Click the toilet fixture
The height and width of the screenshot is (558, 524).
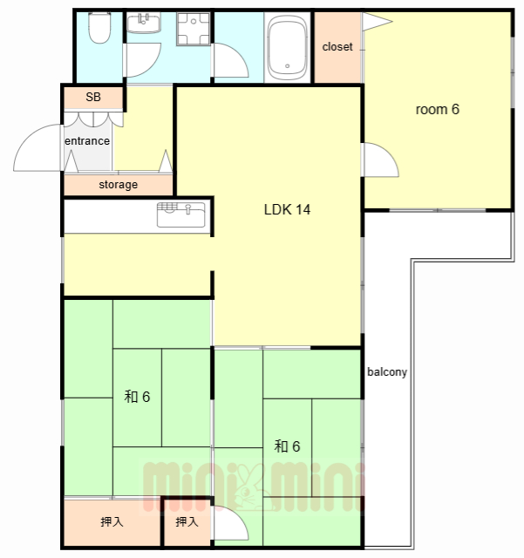pyautogui.click(x=99, y=28)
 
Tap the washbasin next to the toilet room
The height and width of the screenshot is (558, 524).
pyautogui.click(x=144, y=23)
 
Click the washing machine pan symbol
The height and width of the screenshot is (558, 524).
pyautogui.click(x=194, y=29)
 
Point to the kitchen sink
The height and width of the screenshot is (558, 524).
pyautogui.click(x=180, y=214)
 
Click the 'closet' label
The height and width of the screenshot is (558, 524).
pyautogui.click(x=337, y=47)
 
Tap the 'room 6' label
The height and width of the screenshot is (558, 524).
pyautogui.click(x=438, y=109)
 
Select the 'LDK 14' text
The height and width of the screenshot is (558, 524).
pyautogui.click(x=287, y=209)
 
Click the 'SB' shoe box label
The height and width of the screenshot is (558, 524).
pyautogui.click(x=93, y=97)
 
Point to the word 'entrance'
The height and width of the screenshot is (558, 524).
pyautogui.click(x=87, y=141)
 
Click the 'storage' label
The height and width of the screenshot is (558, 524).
pyautogui.click(x=119, y=185)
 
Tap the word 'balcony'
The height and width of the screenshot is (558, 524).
pyautogui.click(x=387, y=372)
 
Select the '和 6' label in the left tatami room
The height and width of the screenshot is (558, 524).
pyautogui.click(x=137, y=397)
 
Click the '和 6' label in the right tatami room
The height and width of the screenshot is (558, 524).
pyautogui.click(x=287, y=446)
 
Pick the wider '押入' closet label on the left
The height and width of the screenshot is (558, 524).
pyautogui.click(x=112, y=521)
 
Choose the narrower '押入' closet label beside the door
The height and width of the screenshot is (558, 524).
pyautogui.click(x=187, y=521)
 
